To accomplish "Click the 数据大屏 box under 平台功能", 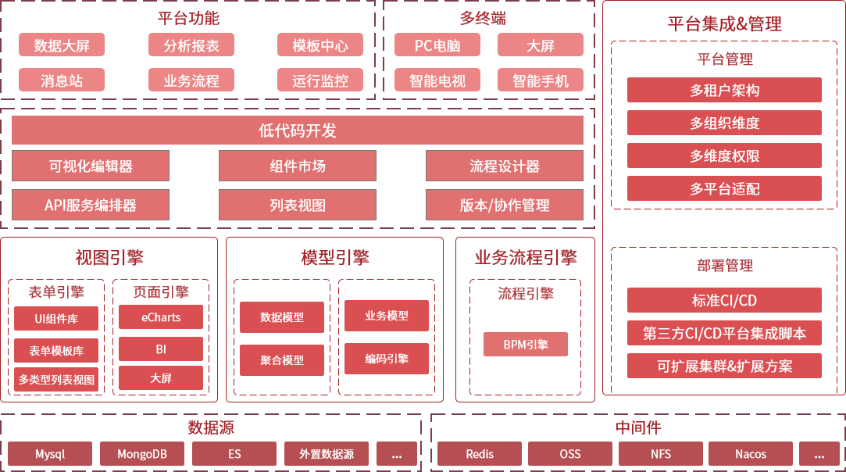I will [x=62, y=45].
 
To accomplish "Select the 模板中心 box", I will [x=320, y=45].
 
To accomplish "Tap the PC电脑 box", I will [x=437, y=45].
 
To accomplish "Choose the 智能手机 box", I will [x=541, y=80].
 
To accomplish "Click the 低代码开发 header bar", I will [x=298, y=131].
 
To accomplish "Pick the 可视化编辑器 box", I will [x=91, y=166].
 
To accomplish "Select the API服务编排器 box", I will [x=91, y=206].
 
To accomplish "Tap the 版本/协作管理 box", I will [x=505, y=206].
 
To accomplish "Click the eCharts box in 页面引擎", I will [x=161, y=317].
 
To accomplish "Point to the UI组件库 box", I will [x=56, y=319].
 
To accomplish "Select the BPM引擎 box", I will [x=526, y=345].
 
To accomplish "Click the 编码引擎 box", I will [x=387, y=359].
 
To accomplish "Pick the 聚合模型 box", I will [x=282, y=360].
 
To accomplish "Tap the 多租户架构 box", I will [x=724, y=91].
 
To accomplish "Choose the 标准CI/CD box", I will [x=724, y=301].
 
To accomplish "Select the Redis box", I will [x=480, y=454].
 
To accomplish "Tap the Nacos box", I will [x=751, y=454].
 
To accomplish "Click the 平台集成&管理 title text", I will [x=724, y=24].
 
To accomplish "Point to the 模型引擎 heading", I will [x=334, y=258].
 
